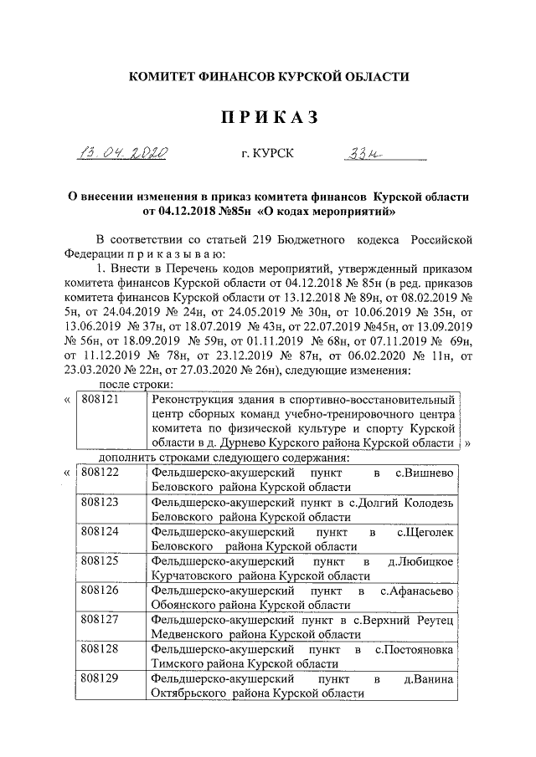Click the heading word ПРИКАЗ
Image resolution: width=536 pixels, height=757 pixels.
click(268, 117)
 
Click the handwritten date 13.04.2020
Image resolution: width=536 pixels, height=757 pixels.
click(133, 153)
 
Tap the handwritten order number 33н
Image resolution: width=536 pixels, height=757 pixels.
click(342, 153)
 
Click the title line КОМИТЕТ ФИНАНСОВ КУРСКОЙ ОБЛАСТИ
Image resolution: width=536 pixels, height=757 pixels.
click(268, 77)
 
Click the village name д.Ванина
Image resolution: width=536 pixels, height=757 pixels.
click(428, 679)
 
